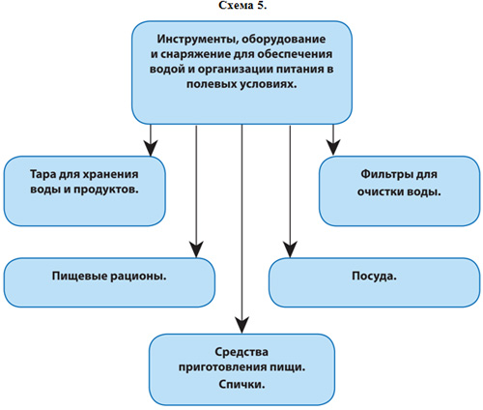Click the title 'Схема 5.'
242,6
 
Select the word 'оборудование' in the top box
284,40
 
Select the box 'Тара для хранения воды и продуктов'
85,191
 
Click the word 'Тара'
43,174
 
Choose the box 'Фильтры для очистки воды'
400,191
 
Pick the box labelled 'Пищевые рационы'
109,282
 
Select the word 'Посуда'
374,277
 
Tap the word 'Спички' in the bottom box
241,384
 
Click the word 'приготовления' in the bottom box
223,367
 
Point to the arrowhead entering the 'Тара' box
151,148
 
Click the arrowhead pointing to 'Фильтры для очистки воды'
333,148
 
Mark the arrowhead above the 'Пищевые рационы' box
196,249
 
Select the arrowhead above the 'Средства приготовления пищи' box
241,325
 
